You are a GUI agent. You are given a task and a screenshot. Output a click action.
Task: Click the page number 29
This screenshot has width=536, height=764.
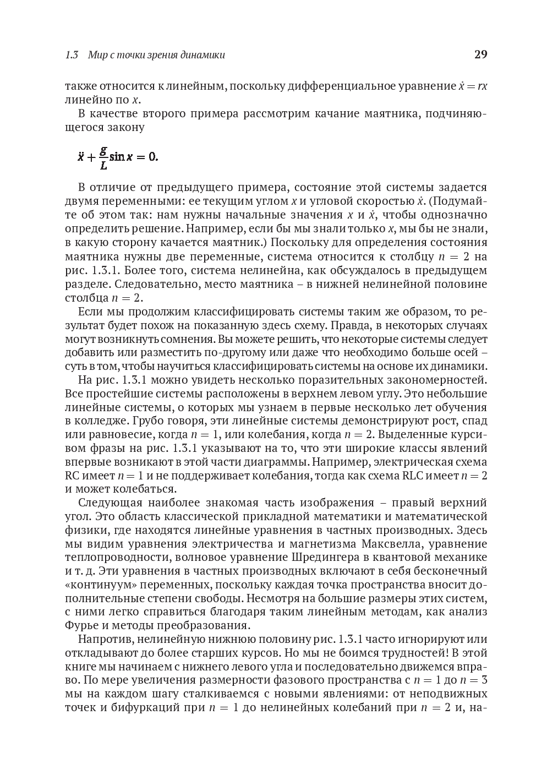(480, 54)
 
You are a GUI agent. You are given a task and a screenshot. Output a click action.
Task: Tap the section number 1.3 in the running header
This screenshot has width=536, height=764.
(72, 55)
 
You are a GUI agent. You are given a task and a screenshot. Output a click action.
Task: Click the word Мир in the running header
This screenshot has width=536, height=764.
(97, 55)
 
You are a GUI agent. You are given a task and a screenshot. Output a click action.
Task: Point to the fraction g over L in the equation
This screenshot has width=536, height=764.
(103, 157)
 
